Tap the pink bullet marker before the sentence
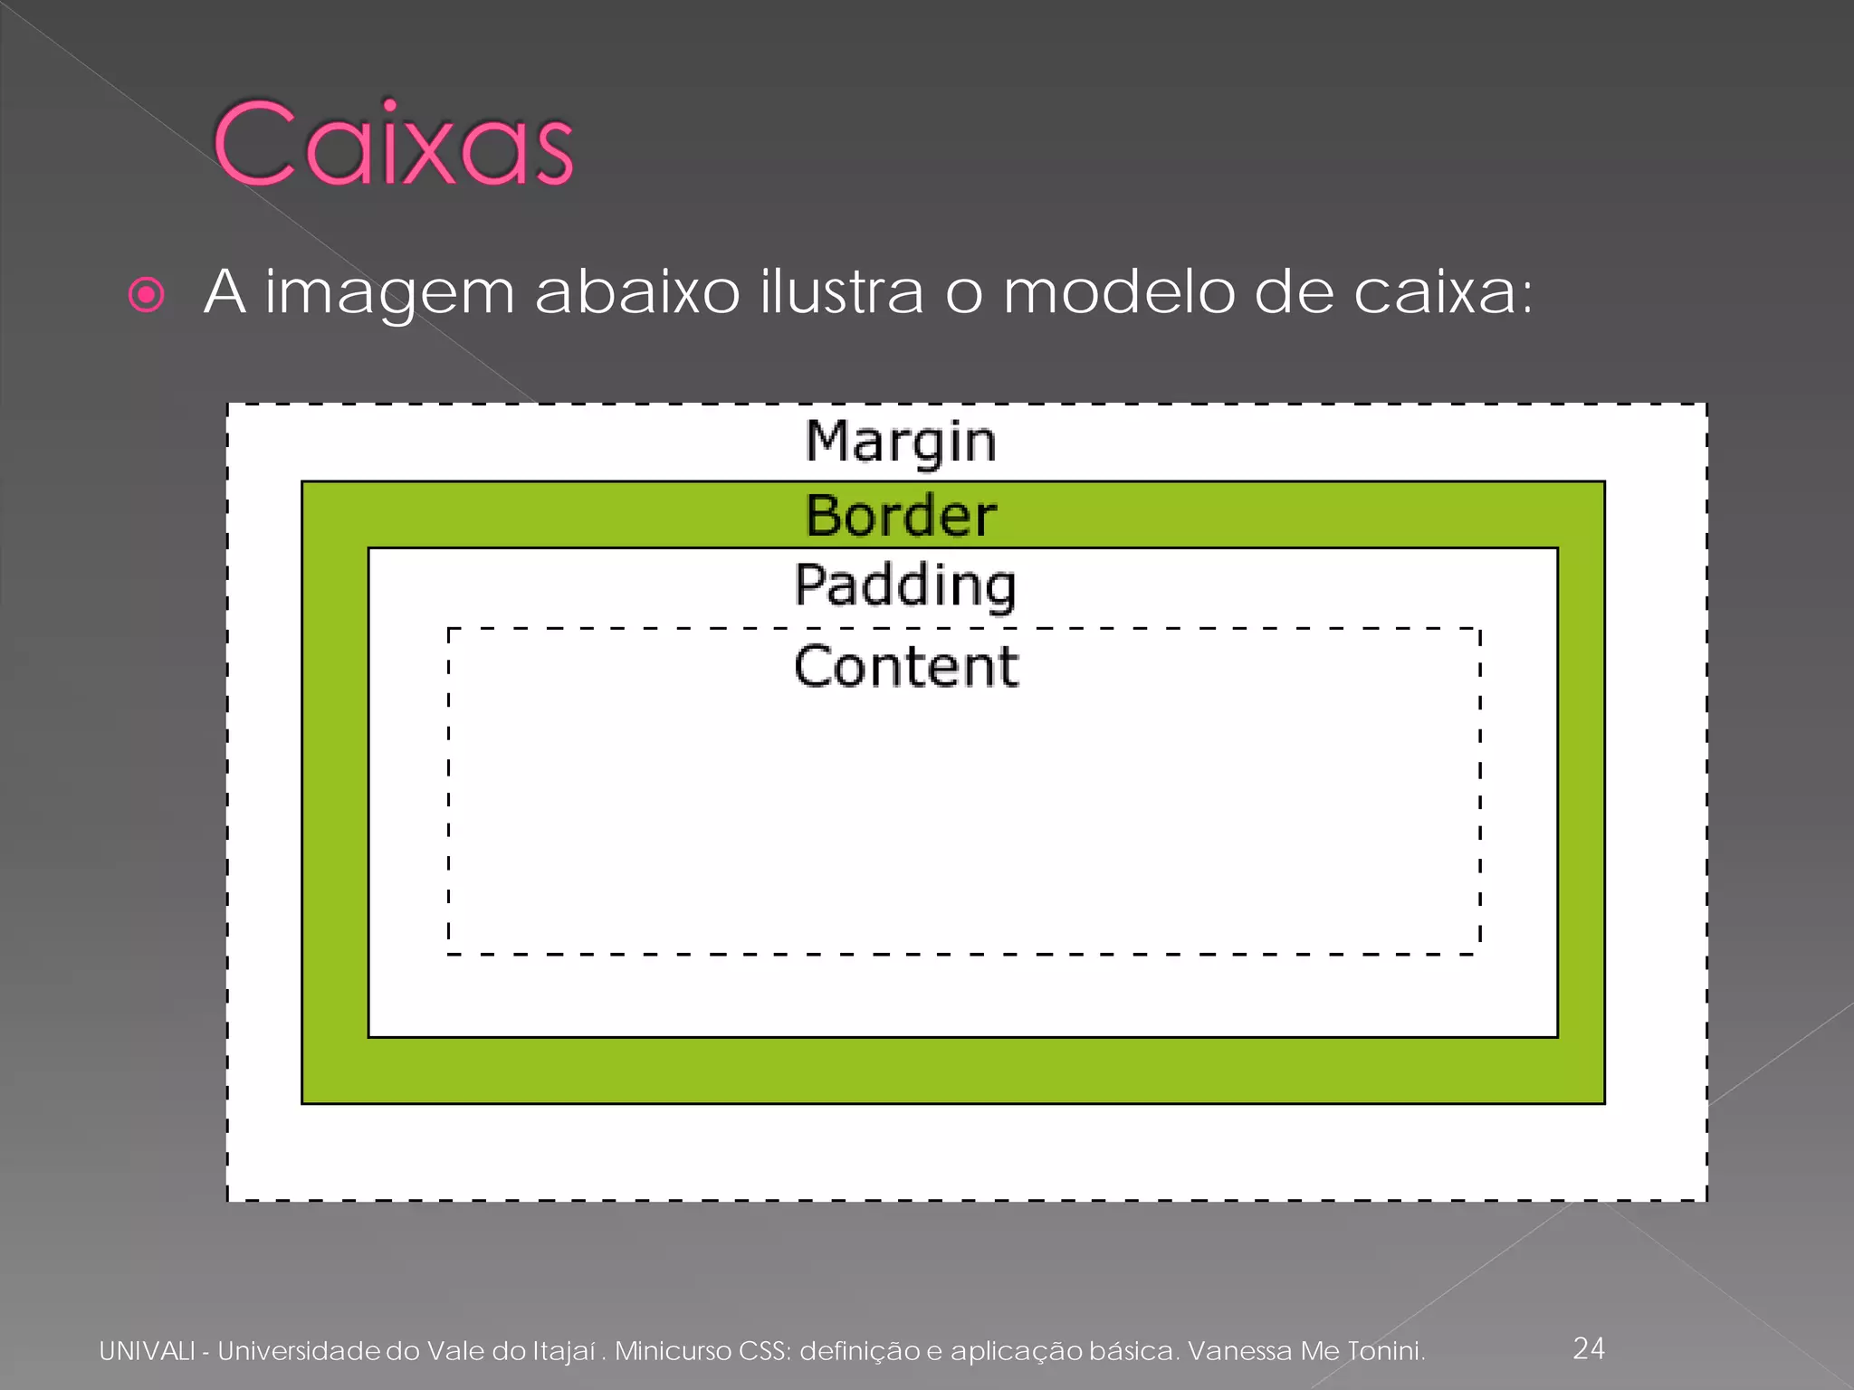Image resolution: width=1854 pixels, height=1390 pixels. (147, 295)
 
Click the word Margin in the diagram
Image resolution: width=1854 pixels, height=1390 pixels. (901, 442)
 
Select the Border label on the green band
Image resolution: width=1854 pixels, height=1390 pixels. (901, 516)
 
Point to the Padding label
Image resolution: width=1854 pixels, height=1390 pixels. (905, 586)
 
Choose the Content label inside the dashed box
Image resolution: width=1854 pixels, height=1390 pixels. (906, 666)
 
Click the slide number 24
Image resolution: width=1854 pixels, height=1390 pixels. (1589, 1348)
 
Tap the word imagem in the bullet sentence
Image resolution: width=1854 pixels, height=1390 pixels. (389, 293)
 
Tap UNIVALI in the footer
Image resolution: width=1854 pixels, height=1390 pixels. (147, 1351)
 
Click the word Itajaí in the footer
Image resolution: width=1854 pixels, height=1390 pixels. (563, 1351)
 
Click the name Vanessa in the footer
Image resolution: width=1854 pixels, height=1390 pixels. (1239, 1351)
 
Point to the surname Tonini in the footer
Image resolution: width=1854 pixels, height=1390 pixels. (1386, 1351)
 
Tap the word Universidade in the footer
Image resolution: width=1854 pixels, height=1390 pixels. (299, 1351)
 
